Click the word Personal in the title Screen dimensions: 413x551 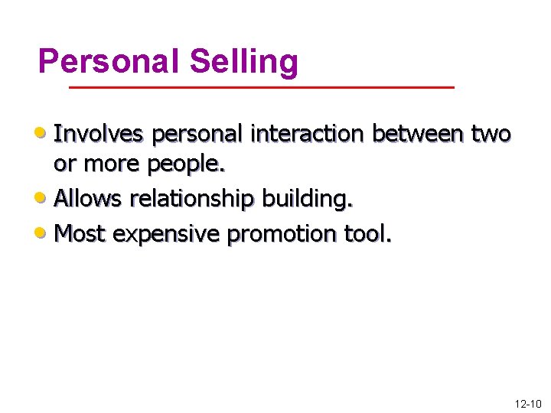pyautogui.click(x=109, y=61)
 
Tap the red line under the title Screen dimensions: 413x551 pyautogui.click(x=262, y=88)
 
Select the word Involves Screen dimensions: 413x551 pyautogui.click(x=99, y=134)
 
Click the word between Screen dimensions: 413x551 pyautogui.click(x=418, y=134)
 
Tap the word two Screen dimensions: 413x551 pyautogui.click(x=491, y=134)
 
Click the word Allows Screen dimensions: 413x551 pyautogui.click(x=88, y=199)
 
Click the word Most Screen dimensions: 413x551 pyautogui.click(x=80, y=233)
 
